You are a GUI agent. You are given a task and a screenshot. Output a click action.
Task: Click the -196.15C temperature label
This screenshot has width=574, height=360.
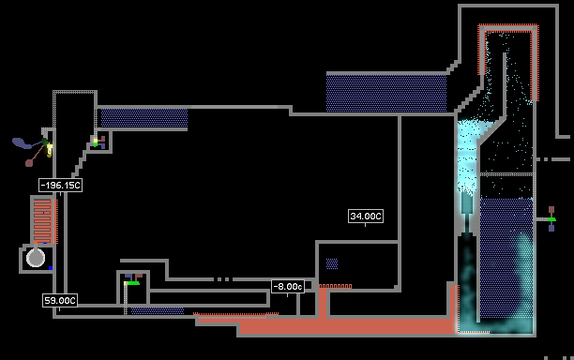60,185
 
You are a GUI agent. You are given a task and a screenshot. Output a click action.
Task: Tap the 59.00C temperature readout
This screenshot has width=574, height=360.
60,301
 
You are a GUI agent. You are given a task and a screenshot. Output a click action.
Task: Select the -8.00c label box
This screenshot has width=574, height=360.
288,287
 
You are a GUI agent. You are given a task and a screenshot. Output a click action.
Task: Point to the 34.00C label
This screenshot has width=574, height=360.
366,217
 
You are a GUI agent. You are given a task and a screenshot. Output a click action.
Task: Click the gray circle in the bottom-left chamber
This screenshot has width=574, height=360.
36,258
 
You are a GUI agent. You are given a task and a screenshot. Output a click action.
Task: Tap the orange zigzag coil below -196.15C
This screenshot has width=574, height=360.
43,221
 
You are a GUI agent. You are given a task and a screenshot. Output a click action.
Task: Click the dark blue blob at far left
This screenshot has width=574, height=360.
22,142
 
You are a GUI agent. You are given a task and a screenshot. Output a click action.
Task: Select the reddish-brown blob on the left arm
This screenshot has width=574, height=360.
29,163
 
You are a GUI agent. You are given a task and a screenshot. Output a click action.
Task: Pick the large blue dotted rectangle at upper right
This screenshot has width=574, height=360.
386,94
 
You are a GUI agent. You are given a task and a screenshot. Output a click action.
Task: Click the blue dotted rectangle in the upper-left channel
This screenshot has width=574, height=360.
144,118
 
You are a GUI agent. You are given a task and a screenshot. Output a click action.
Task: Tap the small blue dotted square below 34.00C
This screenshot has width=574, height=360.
332,263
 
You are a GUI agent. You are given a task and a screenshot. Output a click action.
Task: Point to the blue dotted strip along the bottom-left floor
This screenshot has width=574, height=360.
158,311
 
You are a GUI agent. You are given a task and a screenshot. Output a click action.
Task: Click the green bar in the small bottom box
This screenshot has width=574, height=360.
133,283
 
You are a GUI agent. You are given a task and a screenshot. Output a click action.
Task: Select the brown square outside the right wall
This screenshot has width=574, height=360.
551,210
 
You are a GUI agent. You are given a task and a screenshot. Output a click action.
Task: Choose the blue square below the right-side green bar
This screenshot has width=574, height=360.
551,228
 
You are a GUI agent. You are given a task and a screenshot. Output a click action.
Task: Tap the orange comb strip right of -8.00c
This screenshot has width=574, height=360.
336,286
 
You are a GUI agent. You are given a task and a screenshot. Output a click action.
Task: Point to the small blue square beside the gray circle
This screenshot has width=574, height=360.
51,268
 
